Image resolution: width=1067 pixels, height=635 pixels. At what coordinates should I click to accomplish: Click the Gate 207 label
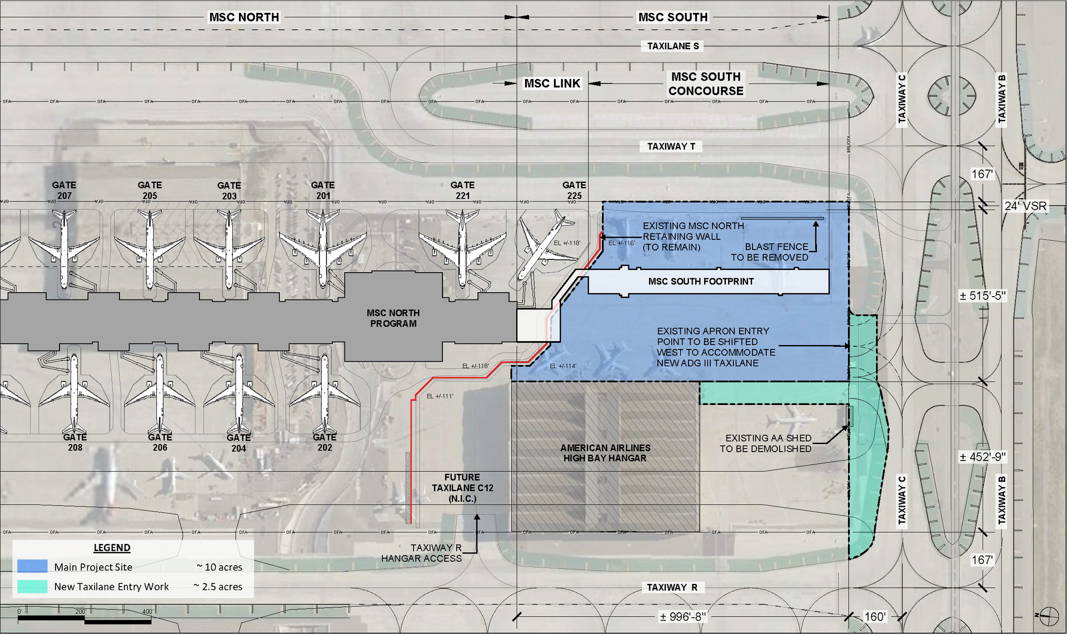click(64, 190)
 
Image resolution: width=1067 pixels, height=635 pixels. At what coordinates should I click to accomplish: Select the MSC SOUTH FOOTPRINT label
click(701, 282)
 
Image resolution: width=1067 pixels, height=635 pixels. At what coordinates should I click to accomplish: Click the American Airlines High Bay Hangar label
click(605, 453)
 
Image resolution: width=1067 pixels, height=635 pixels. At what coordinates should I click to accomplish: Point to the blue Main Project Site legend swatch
click(32, 567)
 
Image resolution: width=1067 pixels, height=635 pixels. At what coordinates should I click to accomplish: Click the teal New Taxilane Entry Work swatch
click(32, 587)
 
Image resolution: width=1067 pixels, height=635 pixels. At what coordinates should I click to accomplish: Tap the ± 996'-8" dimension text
click(682, 617)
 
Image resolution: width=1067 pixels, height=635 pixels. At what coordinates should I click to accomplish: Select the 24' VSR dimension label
click(1025, 206)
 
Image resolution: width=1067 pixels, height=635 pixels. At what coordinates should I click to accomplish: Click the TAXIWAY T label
click(671, 147)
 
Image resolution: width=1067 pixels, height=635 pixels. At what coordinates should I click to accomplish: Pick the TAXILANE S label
click(673, 46)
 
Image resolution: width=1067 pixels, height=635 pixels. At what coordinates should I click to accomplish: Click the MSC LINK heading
click(552, 83)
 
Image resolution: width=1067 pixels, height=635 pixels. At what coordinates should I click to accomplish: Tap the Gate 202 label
click(325, 442)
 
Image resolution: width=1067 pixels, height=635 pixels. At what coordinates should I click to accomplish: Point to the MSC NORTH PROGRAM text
click(393, 318)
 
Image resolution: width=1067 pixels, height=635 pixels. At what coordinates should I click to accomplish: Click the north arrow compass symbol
click(1049, 615)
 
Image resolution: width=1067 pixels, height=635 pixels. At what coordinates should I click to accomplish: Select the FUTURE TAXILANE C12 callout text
click(462, 488)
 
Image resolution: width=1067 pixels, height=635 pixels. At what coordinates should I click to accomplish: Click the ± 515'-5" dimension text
click(983, 296)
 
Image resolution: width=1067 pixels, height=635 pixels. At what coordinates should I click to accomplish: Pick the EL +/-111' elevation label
click(440, 396)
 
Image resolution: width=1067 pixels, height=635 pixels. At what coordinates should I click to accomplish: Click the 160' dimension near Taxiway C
click(875, 617)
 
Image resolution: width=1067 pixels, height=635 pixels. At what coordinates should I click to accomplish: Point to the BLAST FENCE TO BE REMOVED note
click(770, 252)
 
